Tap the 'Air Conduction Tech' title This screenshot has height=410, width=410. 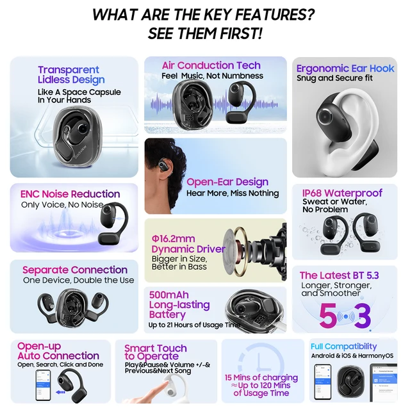pos(211,65)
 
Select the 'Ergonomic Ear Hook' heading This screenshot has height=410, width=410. pos(345,68)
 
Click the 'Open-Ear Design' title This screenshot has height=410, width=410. pos(227,182)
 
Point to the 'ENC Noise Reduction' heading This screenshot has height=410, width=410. pos(70,194)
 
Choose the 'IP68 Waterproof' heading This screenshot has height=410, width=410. pos(342,193)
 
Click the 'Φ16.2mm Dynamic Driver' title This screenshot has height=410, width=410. pos(188,244)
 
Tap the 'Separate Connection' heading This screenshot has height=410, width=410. pos(75,270)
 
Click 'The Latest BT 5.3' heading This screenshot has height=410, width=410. pos(339,275)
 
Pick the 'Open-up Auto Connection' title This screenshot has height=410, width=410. pos(58,351)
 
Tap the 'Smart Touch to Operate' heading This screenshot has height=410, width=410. pos(156,352)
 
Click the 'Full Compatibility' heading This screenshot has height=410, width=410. pos(343,347)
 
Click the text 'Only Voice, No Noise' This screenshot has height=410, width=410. pos(61,205)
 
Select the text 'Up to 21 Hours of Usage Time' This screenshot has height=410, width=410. pos(194,325)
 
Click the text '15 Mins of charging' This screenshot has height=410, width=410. pos(261,377)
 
